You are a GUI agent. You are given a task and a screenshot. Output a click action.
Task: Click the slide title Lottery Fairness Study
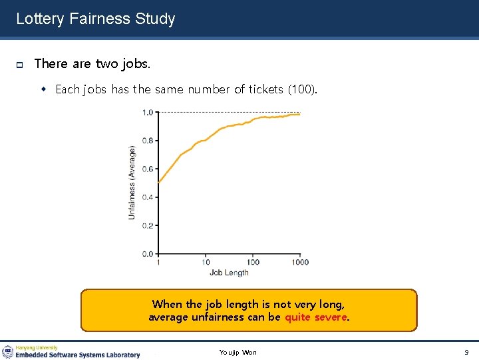click(x=95, y=19)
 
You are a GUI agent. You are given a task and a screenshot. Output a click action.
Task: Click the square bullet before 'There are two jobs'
click(x=20, y=65)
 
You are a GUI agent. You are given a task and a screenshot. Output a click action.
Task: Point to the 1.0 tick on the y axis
click(x=147, y=112)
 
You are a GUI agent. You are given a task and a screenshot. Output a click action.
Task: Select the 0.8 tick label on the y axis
click(x=147, y=141)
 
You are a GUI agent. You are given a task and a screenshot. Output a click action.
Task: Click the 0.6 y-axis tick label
click(x=147, y=169)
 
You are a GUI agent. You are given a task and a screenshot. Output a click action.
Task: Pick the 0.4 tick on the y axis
click(x=147, y=197)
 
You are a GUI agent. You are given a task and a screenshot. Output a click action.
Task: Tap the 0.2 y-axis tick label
click(x=147, y=225)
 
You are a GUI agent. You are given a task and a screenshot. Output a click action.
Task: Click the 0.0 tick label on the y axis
click(x=147, y=254)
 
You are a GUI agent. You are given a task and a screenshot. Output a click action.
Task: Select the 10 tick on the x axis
click(x=206, y=262)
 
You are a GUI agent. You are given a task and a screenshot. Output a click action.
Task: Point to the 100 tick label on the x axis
click(x=253, y=262)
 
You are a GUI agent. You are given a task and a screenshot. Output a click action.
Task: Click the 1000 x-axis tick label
click(x=300, y=262)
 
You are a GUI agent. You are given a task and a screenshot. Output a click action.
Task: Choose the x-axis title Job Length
click(x=229, y=273)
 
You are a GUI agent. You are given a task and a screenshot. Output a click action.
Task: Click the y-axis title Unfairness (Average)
click(x=132, y=183)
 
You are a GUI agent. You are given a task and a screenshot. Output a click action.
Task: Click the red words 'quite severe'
click(x=316, y=317)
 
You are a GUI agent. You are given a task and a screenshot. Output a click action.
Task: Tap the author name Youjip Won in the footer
click(x=238, y=352)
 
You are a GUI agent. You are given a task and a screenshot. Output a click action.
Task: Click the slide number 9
click(x=466, y=352)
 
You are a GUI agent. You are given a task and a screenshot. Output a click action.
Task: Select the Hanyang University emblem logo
click(x=8, y=351)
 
